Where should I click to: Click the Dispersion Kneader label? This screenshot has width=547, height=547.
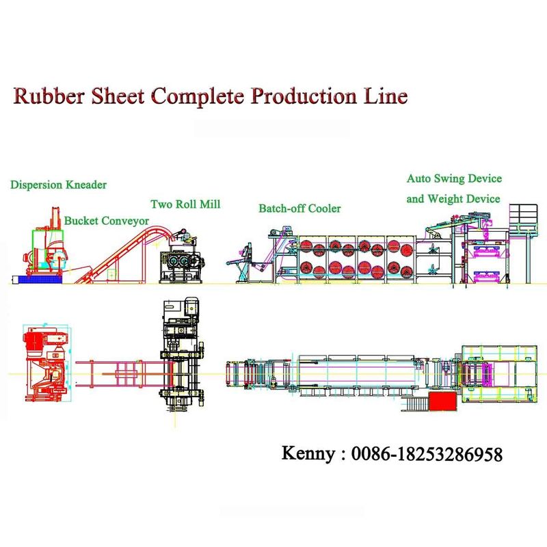59,185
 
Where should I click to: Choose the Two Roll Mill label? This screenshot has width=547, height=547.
185,204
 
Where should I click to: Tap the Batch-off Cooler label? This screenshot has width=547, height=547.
299,208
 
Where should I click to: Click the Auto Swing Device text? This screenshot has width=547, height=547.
454,178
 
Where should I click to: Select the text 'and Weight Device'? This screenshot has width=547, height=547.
453,198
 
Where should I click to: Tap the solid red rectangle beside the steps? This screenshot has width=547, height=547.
443,401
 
